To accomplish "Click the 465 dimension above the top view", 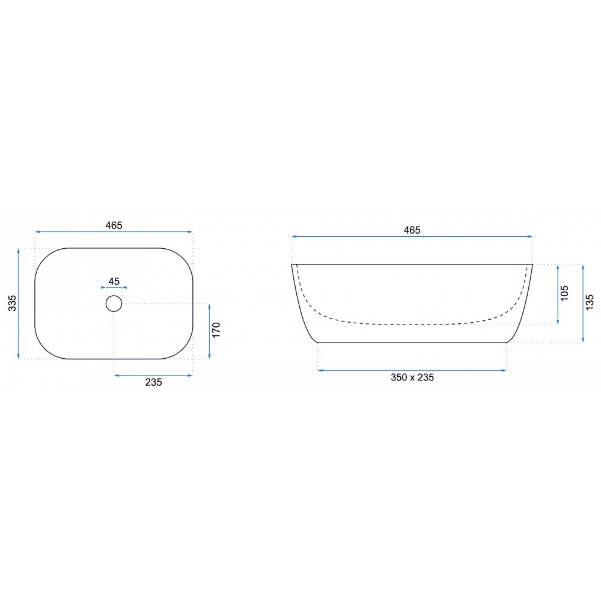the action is pyautogui.click(x=114, y=225).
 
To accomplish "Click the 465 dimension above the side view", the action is pyautogui.click(x=412, y=230).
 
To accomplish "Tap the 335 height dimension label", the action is pyautogui.click(x=12, y=303).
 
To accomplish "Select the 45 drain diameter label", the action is pyautogui.click(x=114, y=281).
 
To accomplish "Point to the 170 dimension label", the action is pyautogui.click(x=216, y=330).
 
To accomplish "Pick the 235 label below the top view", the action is pyautogui.click(x=153, y=382).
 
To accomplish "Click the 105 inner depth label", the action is pyautogui.click(x=564, y=293).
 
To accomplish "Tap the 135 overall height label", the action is pyautogui.click(x=590, y=302).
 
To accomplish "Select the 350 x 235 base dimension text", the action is pyautogui.click(x=412, y=377).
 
